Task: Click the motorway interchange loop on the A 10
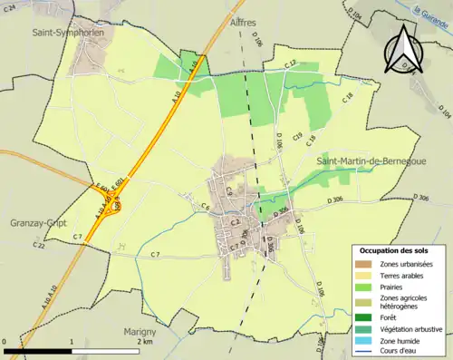click(x=113, y=207)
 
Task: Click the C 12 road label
click(x=291, y=63)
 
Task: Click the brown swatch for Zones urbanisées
click(x=364, y=264)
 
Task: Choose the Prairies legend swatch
click(x=364, y=288)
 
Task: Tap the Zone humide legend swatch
click(x=364, y=341)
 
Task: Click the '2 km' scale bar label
click(x=145, y=343)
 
